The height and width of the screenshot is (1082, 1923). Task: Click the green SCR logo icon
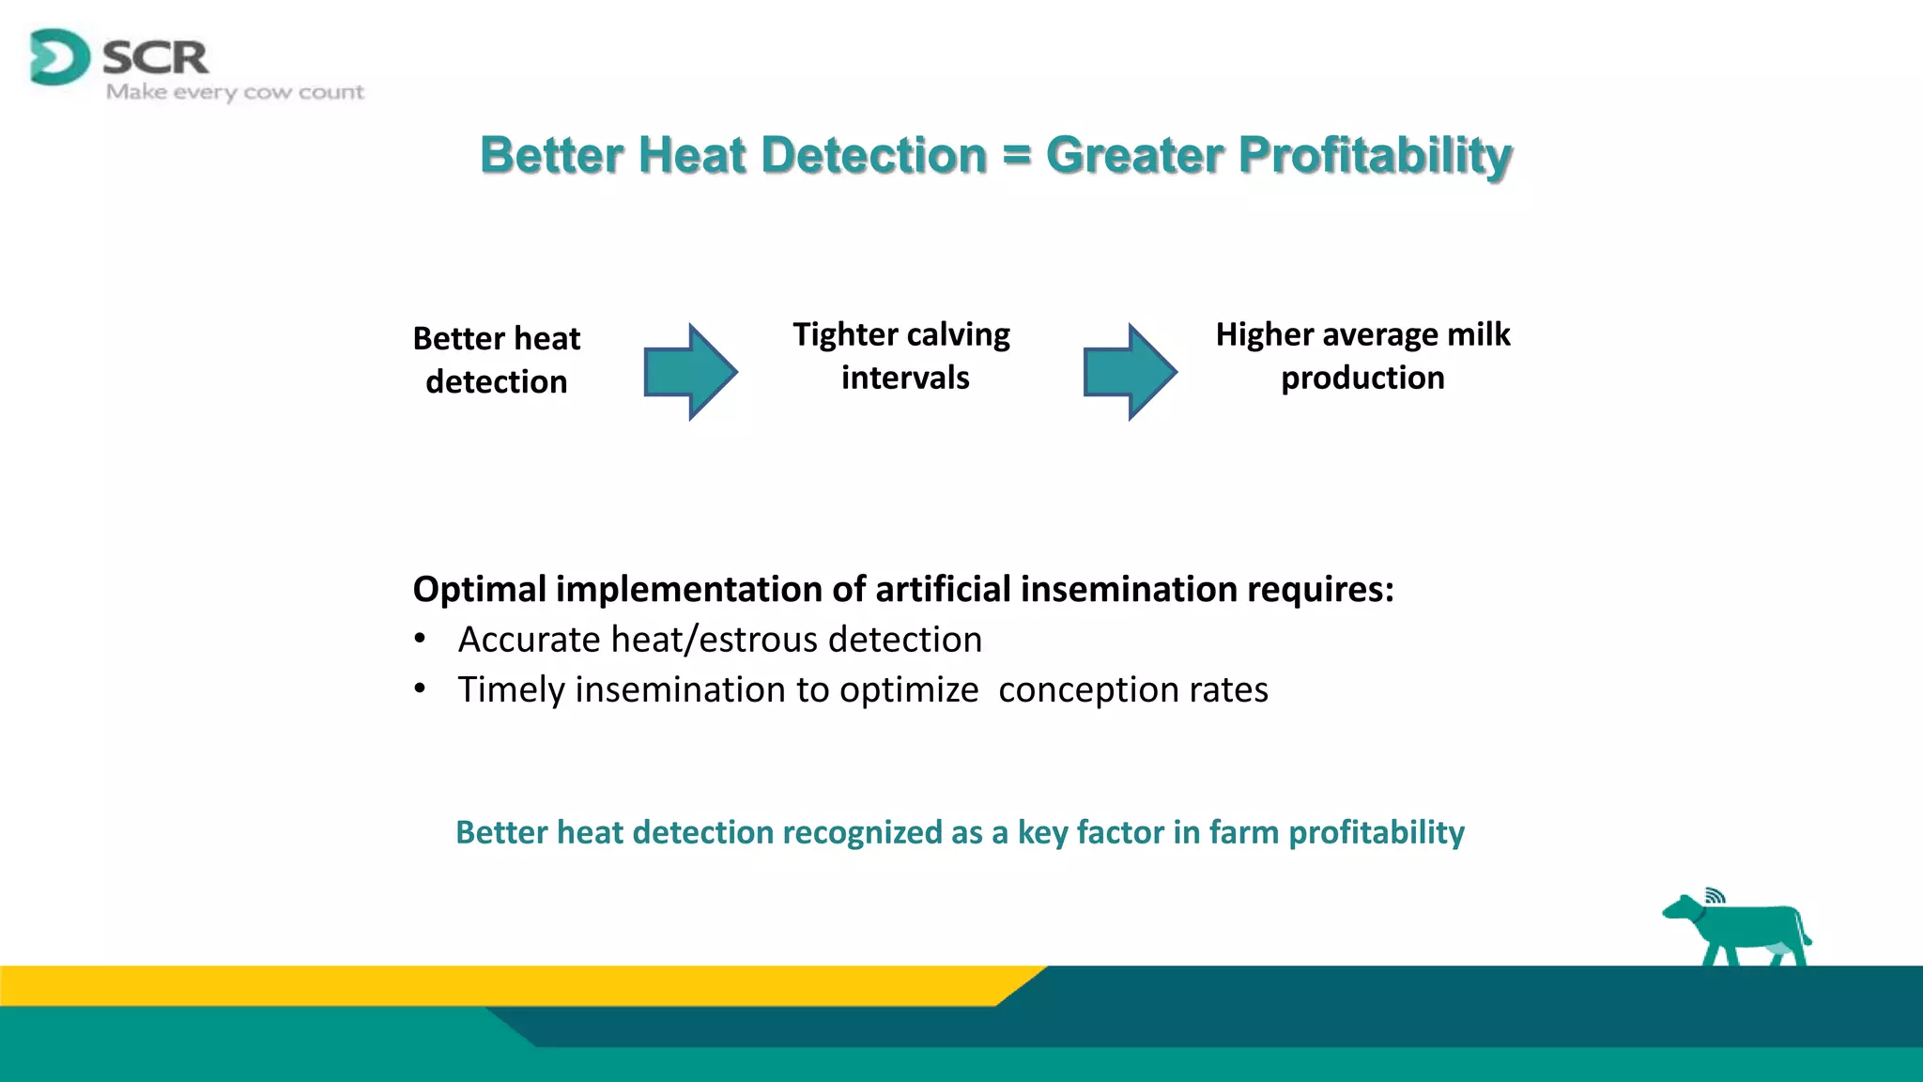pos(58,57)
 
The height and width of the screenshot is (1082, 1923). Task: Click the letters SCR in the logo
pos(155,58)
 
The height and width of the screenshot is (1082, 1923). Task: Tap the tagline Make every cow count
pos(235,92)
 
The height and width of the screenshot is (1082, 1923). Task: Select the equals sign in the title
pos(1016,155)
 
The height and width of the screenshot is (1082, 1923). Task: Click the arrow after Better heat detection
pos(690,372)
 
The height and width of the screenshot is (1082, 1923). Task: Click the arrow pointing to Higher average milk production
pos(1130,372)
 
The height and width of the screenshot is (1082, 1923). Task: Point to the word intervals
pos(905,378)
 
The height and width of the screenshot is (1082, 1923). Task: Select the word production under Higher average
pos(1362,378)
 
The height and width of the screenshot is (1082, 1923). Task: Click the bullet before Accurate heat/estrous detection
pos(421,640)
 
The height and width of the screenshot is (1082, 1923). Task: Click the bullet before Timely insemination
pos(421,689)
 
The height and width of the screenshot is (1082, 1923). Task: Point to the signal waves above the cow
pos(1715,894)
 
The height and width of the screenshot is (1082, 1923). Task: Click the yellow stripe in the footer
pos(469,985)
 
